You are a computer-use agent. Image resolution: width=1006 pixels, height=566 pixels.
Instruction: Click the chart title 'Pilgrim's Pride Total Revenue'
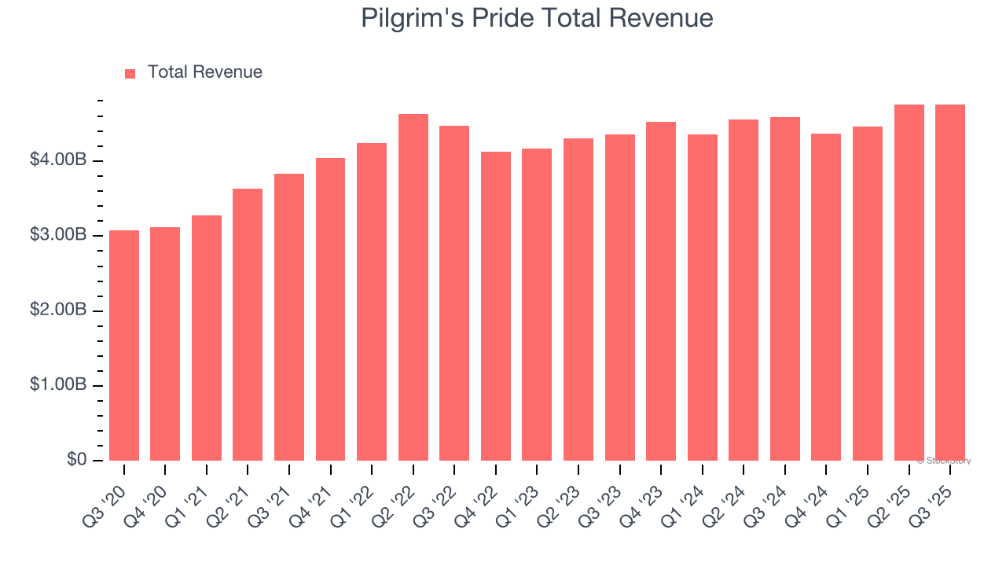(x=537, y=18)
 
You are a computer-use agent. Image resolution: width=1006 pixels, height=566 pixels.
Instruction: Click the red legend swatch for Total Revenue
(x=130, y=73)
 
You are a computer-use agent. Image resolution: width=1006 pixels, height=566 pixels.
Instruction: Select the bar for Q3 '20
(x=124, y=346)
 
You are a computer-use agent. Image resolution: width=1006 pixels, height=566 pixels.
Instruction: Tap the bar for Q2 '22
(x=413, y=288)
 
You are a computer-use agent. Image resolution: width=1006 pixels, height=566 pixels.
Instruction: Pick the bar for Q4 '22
(x=496, y=307)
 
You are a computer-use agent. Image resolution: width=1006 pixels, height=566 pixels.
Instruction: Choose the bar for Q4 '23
(x=661, y=292)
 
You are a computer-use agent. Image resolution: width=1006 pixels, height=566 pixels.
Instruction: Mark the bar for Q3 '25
(x=950, y=283)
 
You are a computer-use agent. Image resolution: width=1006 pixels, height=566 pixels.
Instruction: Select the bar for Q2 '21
(x=248, y=325)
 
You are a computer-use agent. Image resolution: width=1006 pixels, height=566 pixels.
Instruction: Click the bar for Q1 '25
(x=868, y=294)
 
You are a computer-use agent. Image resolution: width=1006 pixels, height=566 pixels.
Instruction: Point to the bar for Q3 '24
(x=785, y=289)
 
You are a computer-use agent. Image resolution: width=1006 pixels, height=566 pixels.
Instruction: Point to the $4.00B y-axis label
(x=58, y=160)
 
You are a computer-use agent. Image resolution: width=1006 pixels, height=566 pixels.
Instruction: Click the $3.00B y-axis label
(x=58, y=235)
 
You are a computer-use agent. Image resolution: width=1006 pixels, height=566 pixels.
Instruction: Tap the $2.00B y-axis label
(x=58, y=310)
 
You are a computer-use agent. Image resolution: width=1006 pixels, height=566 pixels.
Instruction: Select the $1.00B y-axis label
(x=58, y=384)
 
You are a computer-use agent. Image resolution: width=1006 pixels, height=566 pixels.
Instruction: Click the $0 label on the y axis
(x=76, y=459)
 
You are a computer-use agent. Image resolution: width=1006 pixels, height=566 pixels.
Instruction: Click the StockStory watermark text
(x=944, y=461)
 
